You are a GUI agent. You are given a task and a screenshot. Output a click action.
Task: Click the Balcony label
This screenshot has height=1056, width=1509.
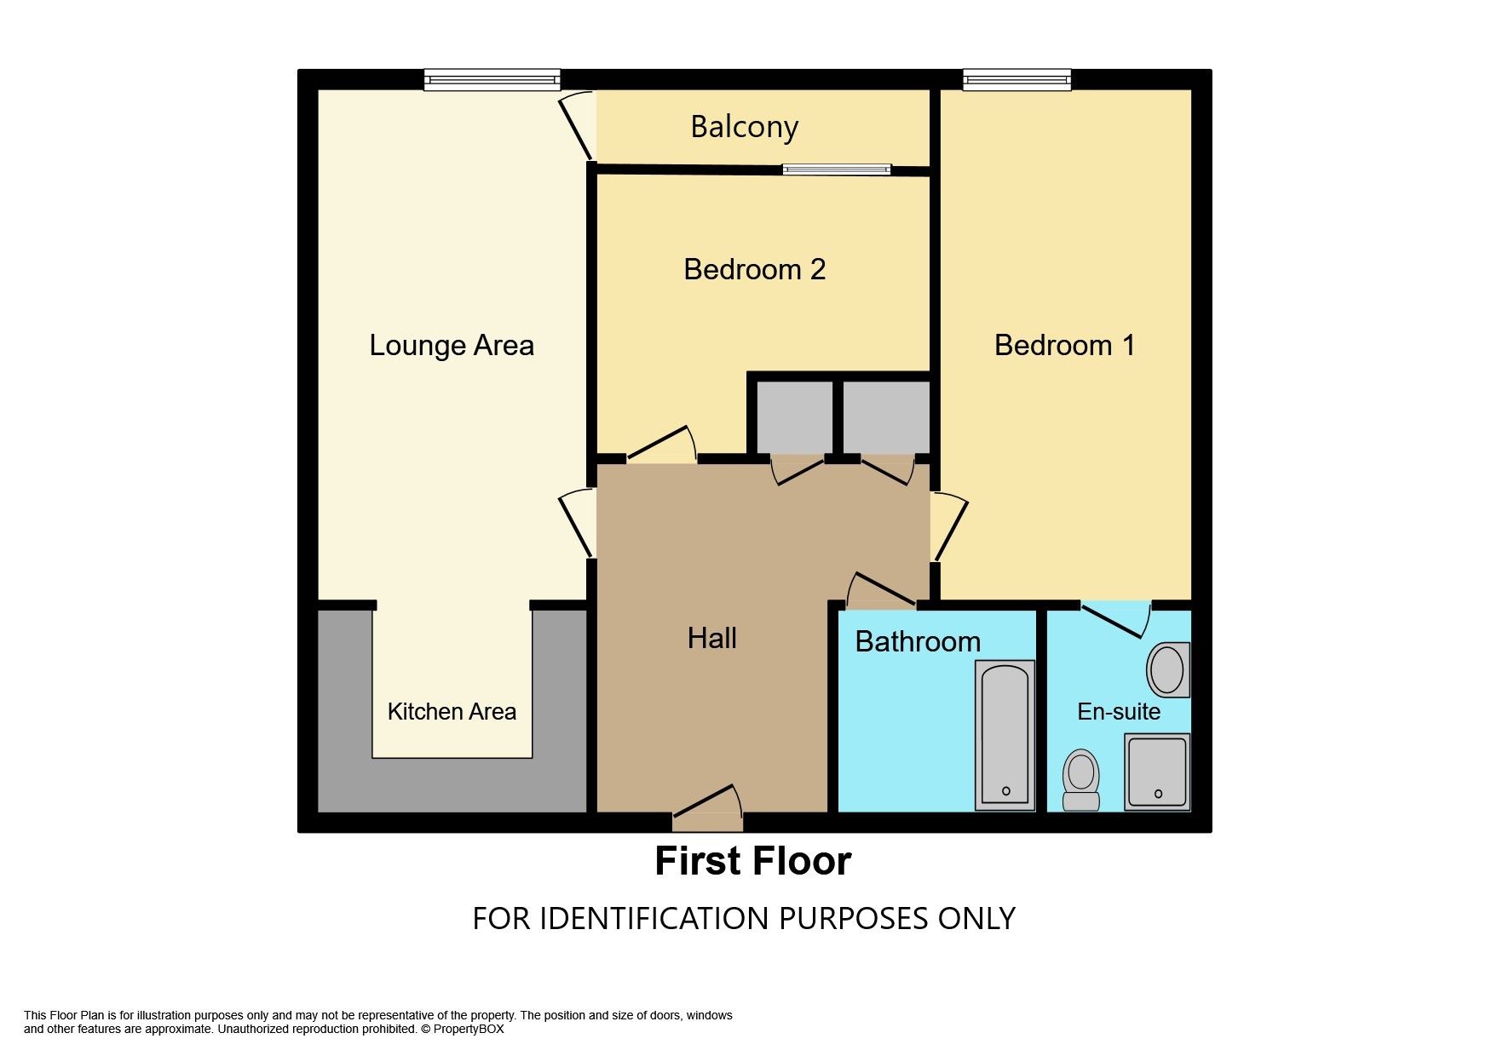[x=744, y=127]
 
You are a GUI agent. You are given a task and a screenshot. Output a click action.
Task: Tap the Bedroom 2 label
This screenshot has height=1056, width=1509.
[x=754, y=269]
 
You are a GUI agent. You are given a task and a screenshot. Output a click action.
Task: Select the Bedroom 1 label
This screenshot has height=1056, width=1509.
[x=1064, y=345]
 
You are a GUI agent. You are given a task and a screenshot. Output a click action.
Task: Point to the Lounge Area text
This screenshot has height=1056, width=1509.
[x=452, y=345]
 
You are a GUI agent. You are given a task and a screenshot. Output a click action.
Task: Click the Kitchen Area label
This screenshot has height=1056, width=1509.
[x=452, y=711]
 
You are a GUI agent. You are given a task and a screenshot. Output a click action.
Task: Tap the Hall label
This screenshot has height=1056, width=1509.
[x=711, y=638]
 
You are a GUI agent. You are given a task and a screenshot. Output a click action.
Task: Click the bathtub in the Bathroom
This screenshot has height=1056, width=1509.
[x=1005, y=735]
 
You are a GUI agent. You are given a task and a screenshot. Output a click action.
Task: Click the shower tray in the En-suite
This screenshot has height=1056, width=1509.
[x=1157, y=772]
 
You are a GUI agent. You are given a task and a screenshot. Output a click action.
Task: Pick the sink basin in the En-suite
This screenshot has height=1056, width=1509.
[x=1168, y=669]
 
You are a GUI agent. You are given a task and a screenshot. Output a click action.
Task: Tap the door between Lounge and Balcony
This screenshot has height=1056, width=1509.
[x=576, y=125]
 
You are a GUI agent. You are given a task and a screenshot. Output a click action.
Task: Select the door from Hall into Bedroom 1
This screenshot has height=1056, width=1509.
[x=950, y=526]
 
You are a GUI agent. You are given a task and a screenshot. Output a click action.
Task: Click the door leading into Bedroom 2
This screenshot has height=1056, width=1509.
[x=662, y=445]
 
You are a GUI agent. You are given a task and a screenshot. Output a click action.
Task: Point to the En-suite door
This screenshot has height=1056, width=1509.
[x=1115, y=619]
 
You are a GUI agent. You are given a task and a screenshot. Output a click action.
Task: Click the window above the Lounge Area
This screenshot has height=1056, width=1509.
[x=492, y=80]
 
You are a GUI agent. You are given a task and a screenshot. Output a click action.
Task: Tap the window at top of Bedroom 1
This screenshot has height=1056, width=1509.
[x=1017, y=80]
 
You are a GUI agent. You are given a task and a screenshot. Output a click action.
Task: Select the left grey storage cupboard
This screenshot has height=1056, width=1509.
[x=795, y=417]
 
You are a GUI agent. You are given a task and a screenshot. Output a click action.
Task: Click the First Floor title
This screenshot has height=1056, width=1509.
[x=753, y=861]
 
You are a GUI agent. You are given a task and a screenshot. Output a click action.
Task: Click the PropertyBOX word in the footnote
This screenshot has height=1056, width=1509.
[x=469, y=1029]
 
